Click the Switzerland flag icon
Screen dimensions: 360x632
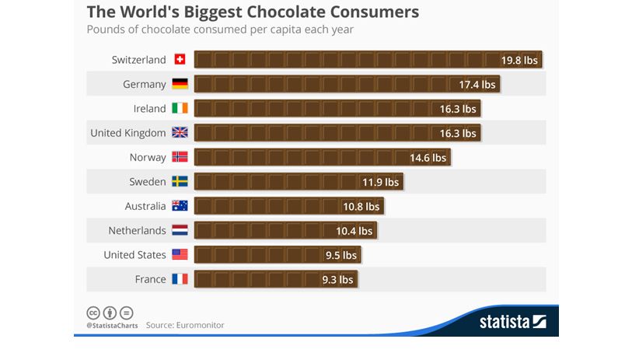(x=180, y=60)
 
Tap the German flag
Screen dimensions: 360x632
(x=180, y=84)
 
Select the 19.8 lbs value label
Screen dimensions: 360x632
(x=519, y=60)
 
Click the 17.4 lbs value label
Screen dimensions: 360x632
(x=477, y=84)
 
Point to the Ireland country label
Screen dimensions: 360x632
(x=149, y=109)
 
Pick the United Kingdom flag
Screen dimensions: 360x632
(x=180, y=133)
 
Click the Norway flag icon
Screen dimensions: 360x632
(x=180, y=157)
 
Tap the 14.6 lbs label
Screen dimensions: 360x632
(x=428, y=157)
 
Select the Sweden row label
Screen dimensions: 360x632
(x=148, y=182)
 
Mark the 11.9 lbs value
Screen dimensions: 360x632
(x=380, y=182)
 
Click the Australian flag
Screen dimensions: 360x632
(x=180, y=206)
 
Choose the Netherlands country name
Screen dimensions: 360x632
(x=137, y=231)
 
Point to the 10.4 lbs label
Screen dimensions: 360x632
(x=354, y=231)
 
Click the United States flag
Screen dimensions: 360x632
(x=180, y=255)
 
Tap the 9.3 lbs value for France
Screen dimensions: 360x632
(x=337, y=279)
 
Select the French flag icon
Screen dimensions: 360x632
(x=180, y=279)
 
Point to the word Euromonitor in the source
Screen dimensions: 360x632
(x=199, y=325)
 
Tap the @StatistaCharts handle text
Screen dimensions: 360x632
(x=112, y=325)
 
